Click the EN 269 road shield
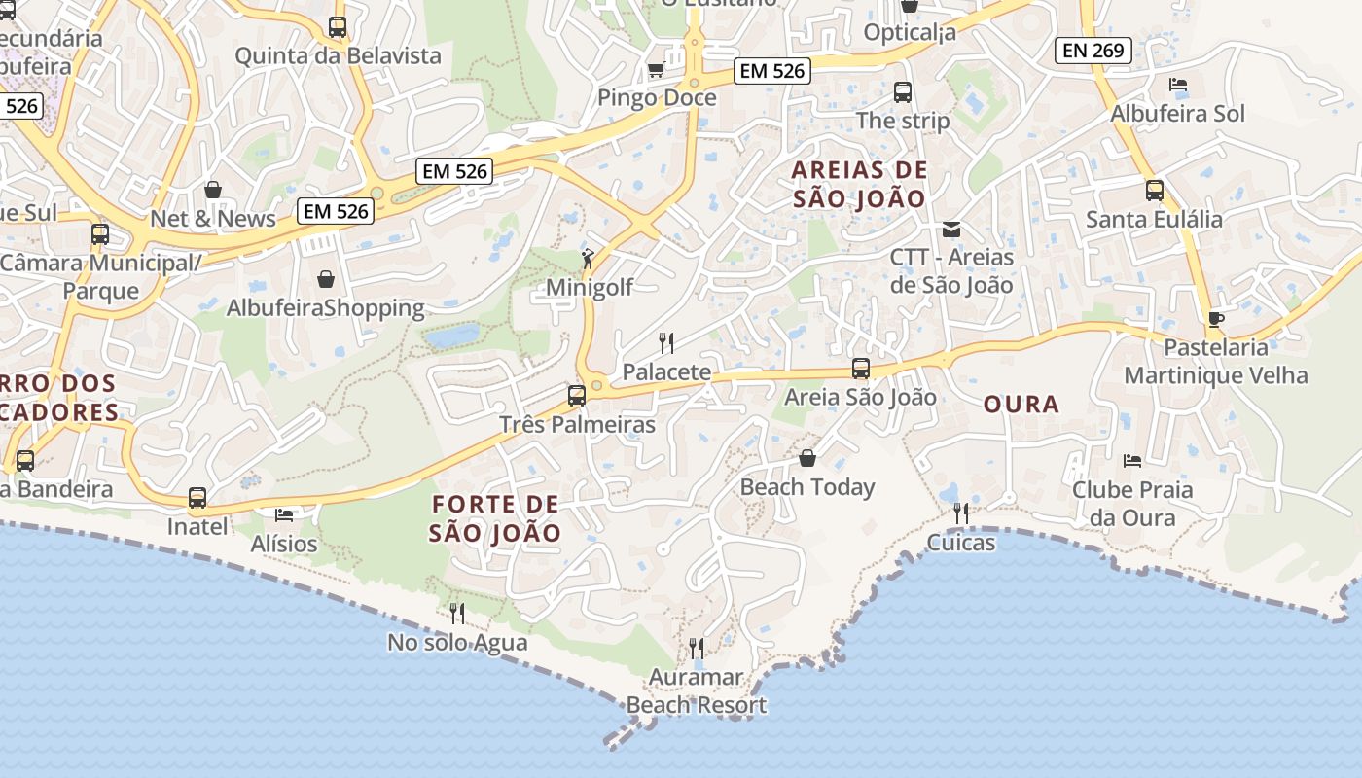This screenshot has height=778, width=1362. (x=1093, y=51)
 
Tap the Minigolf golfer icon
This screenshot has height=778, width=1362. (x=588, y=259)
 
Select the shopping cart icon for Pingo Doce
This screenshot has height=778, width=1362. (x=656, y=70)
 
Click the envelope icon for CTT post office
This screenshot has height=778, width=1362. (x=950, y=230)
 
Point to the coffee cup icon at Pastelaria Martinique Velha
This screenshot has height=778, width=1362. (x=1215, y=319)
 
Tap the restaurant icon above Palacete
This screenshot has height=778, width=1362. (x=666, y=342)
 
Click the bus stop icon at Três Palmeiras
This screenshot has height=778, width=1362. (x=577, y=396)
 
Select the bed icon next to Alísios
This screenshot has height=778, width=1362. (x=284, y=514)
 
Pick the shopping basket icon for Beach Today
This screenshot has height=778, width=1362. (x=806, y=457)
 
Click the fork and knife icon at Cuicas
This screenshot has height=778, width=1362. (x=961, y=513)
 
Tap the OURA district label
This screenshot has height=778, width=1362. (x=1021, y=405)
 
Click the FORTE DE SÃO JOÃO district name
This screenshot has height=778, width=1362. (x=495, y=518)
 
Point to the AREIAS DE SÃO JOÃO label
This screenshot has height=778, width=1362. (x=859, y=185)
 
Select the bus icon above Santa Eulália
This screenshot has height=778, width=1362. (x=1154, y=191)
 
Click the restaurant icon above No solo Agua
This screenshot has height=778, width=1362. (x=456, y=613)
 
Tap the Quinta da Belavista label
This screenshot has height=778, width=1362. (x=338, y=55)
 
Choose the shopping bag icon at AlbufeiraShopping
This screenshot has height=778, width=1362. (x=325, y=279)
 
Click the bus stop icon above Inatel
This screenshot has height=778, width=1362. (x=197, y=498)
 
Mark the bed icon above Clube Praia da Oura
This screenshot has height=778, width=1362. (x=1131, y=460)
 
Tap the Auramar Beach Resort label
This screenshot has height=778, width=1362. (x=697, y=691)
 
